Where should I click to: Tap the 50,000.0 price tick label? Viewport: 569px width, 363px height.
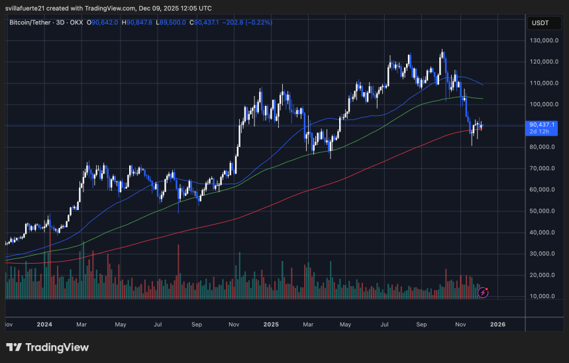tap(546, 211)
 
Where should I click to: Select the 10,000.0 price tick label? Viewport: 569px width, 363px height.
tap(546, 296)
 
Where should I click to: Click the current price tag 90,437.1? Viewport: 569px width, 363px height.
tap(543, 124)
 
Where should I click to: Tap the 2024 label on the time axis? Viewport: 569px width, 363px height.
tap(45, 325)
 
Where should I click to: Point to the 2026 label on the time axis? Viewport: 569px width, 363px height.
tap(498, 325)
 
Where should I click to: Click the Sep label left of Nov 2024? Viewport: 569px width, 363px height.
tap(197, 325)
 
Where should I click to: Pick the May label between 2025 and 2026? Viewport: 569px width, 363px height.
tap(344, 325)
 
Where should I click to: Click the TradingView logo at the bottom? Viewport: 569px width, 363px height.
tap(47, 347)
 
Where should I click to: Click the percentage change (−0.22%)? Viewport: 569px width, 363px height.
tap(259, 23)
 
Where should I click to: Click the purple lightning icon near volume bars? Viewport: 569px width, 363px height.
tap(484, 291)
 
